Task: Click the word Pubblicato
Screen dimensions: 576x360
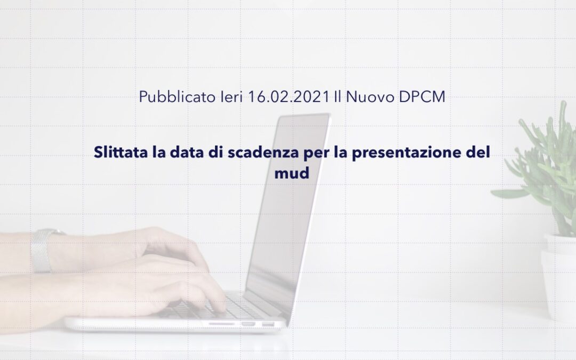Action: tap(177, 97)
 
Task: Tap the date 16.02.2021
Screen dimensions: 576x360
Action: tap(289, 97)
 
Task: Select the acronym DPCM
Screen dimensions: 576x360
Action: tap(422, 97)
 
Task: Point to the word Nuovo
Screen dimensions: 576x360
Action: tap(370, 97)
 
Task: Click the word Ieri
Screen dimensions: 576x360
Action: tap(231, 97)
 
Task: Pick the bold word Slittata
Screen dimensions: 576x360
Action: tap(121, 151)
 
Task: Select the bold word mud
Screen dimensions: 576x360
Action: tap(292, 172)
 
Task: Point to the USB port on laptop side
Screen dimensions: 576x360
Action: tap(249, 324)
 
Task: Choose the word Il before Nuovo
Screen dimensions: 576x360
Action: tap(338, 97)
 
